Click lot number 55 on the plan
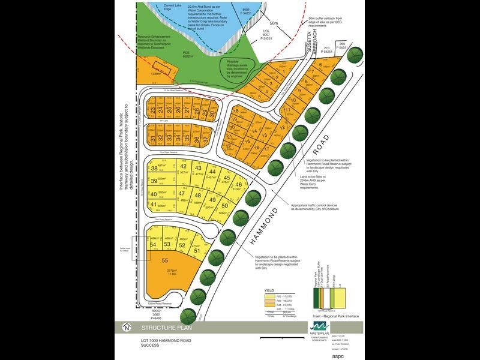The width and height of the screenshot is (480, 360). pos(164,261)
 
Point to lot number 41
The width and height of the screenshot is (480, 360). pos(154,206)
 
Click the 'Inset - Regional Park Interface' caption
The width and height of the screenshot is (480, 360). pos(337,316)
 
